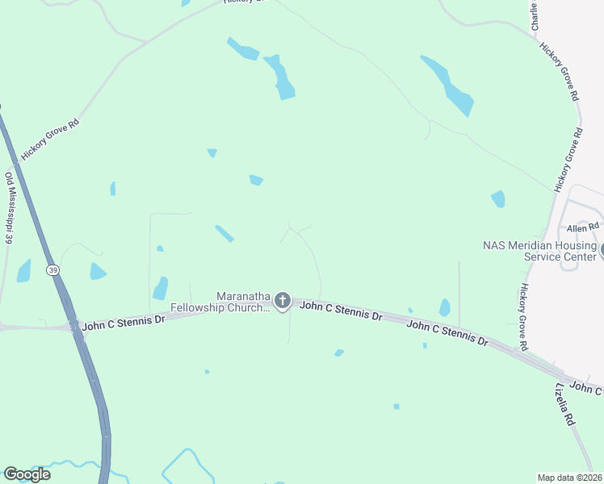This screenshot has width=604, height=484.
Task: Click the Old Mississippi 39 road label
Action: tap(10, 208)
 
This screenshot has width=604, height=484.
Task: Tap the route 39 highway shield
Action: tap(52, 269)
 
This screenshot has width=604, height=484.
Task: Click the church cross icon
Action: tap(282, 302)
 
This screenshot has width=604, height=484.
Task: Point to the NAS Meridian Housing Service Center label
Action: tap(539, 251)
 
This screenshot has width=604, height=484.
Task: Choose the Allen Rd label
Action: tap(582, 228)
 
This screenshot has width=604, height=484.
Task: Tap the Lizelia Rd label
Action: tap(564, 404)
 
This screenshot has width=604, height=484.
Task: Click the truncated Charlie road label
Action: tap(534, 16)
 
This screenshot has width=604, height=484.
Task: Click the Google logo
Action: tap(27, 474)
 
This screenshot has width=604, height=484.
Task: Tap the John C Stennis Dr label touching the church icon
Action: tap(340, 311)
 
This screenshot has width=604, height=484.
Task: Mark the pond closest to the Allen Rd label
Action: tap(498, 198)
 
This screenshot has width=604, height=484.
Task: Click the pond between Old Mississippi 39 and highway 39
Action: tap(23, 271)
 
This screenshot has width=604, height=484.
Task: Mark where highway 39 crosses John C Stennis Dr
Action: tap(73, 325)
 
